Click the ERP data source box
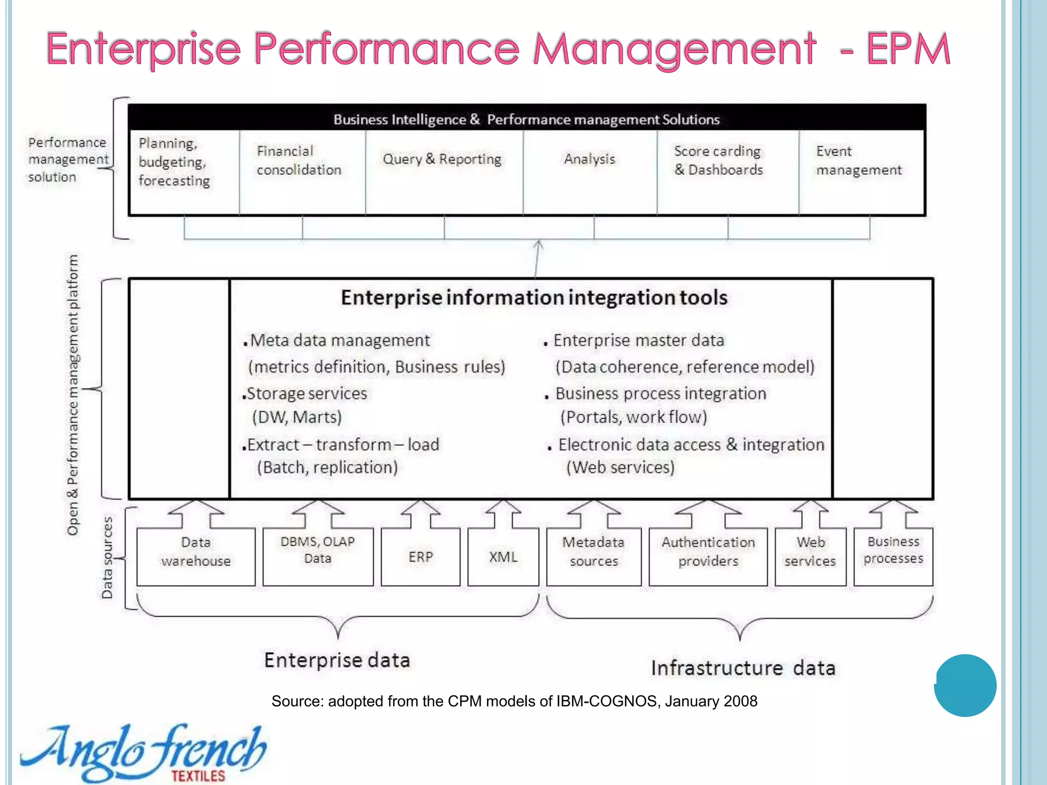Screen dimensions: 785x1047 click(x=420, y=557)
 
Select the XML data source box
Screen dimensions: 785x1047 click(x=503, y=557)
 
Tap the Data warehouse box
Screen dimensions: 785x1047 click(x=196, y=557)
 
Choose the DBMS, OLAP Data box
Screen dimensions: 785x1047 click(x=318, y=557)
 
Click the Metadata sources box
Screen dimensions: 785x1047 click(x=594, y=557)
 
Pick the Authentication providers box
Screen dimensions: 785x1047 click(x=708, y=557)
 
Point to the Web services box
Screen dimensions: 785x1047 click(x=810, y=557)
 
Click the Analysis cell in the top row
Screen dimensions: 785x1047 click(x=589, y=171)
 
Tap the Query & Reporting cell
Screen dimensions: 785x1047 click(x=443, y=171)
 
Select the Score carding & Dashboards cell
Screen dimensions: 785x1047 click(x=727, y=171)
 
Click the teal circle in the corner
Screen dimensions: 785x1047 click(x=965, y=685)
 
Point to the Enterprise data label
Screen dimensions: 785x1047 click(x=337, y=660)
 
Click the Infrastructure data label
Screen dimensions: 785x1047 click(x=743, y=668)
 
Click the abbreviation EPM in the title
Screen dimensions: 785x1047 click(x=908, y=49)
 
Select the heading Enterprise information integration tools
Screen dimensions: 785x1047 click(x=534, y=297)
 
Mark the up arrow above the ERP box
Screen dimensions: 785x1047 click(x=420, y=514)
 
